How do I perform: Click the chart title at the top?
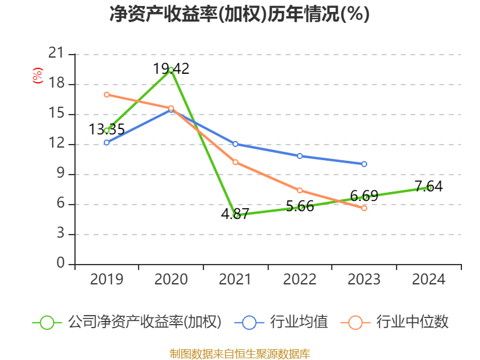click(x=239, y=14)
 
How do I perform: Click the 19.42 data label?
click(x=171, y=69)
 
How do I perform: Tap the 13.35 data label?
click(x=107, y=129)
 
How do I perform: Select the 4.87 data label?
click(x=235, y=214)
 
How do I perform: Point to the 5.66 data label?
click(x=300, y=206)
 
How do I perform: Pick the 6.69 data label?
click(x=364, y=196)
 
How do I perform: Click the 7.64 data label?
click(x=428, y=186)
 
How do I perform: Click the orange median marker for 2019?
click(x=107, y=94)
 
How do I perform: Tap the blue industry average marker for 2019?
click(x=107, y=142)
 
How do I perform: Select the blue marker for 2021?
click(x=235, y=144)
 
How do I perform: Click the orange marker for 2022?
click(x=300, y=190)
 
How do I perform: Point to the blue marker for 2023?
click(x=364, y=164)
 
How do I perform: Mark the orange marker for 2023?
click(x=364, y=208)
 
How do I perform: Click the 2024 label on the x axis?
click(x=428, y=279)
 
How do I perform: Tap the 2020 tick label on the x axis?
click(x=171, y=279)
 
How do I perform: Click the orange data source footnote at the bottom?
click(x=239, y=353)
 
